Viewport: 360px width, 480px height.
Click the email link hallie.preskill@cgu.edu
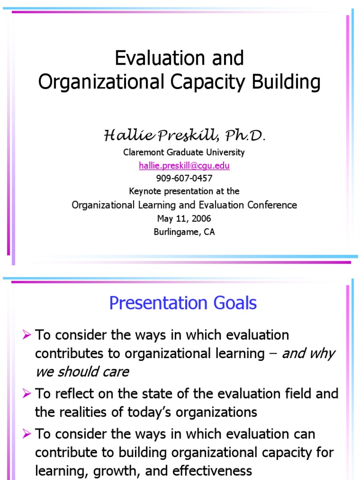coord(184,165)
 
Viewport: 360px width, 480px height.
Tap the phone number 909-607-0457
coord(184,178)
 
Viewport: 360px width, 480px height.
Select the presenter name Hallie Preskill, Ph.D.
coord(184,136)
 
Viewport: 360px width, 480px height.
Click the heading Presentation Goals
coord(183,303)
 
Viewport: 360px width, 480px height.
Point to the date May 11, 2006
coord(184,218)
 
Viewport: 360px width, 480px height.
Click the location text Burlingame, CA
coord(184,232)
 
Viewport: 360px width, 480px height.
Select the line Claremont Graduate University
coord(184,152)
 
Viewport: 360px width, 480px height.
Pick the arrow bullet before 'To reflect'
coord(27,393)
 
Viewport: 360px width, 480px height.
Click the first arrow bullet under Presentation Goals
coord(27,335)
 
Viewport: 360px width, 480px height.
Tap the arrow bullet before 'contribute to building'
coord(27,434)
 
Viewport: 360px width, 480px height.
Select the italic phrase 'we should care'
coord(82,372)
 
